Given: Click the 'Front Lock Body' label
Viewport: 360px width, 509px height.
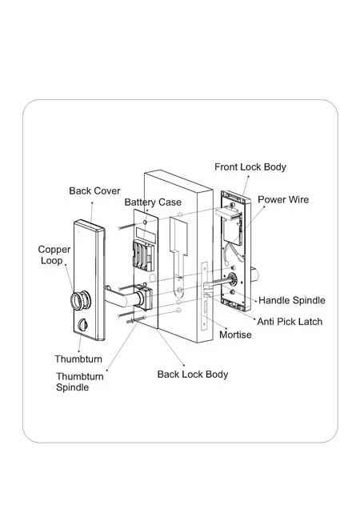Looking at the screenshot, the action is point(250,167).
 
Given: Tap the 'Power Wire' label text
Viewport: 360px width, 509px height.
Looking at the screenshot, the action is point(283,199).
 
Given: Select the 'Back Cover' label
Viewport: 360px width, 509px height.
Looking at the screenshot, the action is point(94,190).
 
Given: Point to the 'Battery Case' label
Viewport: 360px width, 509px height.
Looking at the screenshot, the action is point(153,202).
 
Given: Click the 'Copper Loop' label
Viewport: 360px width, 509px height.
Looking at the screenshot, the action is point(54,255).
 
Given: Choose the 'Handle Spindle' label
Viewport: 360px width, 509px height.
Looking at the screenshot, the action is point(292,300).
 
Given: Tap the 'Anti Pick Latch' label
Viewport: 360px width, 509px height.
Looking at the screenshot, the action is point(290,322).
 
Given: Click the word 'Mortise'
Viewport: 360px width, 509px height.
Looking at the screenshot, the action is point(235,335).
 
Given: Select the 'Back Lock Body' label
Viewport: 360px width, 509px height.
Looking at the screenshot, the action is point(193,375).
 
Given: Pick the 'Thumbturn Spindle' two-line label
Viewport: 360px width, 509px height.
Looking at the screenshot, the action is point(80,382).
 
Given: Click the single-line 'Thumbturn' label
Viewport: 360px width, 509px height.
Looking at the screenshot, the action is point(78,359).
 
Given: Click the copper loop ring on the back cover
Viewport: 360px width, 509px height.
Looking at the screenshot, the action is point(81,301).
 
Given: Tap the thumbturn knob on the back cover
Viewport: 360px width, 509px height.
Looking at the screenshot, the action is point(82,325).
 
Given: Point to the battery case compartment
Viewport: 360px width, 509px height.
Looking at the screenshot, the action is point(143,256).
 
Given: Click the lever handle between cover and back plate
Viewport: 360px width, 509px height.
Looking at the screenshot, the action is point(123,298).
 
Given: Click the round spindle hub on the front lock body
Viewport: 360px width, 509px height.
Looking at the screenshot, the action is point(232,279).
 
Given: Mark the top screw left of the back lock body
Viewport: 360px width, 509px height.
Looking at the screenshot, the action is point(126,226).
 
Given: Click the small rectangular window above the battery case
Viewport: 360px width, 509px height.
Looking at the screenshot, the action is point(146,234).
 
